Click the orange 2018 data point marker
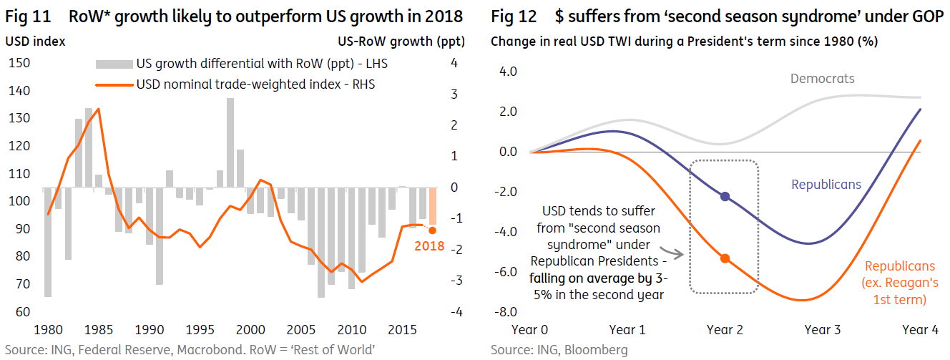tap(432, 230)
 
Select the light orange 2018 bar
tap(433, 206)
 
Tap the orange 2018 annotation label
tap(429, 245)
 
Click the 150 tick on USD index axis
tap(19, 63)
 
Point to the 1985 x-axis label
tap(99, 329)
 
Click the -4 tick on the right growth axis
tap(456, 311)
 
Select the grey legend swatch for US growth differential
tap(114, 64)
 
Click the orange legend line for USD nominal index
tap(114, 85)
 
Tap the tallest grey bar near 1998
tap(230, 142)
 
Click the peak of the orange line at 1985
tap(99, 109)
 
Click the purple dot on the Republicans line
tap(725, 197)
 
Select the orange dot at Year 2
tap(725, 258)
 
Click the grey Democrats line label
tap(823, 79)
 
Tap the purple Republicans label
tap(826, 184)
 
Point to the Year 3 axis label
tap(823, 329)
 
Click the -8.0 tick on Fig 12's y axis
tap(506, 311)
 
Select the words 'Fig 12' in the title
tap(514, 16)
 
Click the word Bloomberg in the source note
tap(596, 349)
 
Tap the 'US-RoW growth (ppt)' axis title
tap(401, 42)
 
